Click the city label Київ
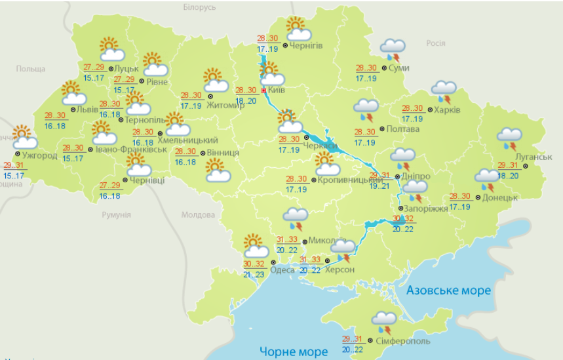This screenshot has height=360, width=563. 277,90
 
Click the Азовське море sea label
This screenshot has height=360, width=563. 448,290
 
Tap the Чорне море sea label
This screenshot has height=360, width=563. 293,351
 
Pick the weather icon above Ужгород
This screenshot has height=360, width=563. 24,137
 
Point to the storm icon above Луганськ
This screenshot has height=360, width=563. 509,138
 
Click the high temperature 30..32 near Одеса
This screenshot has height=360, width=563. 254,264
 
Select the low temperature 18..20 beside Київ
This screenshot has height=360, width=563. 246,101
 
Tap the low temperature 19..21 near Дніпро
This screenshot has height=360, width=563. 380,186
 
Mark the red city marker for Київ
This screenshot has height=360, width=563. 263,90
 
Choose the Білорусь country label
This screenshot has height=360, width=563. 199,7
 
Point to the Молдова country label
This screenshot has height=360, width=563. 198,215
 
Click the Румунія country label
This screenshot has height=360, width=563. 117,214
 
